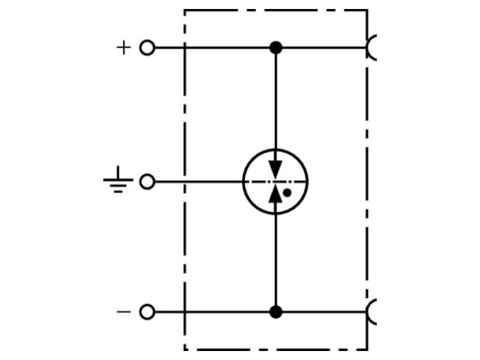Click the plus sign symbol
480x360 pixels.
[124, 48]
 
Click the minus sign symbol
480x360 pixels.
[124, 312]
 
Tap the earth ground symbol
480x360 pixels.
[118, 179]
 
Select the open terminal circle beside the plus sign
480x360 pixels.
[147, 48]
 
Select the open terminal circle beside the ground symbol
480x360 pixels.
[147, 182]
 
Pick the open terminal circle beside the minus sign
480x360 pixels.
[147, 312]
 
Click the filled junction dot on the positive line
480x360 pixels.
[276, 48]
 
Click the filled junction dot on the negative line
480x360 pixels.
[276, 312]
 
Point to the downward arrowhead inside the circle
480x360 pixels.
[276, 170]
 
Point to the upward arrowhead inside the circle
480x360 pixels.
[276, 193]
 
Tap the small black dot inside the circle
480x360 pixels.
[287, 193]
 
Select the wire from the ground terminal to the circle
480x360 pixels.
[199, 182]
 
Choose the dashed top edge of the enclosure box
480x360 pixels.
[276, 10]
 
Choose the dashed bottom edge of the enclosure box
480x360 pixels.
[276, 349]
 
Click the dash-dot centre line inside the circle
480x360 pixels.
[276, 182]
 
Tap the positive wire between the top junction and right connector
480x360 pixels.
[325, 48]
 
